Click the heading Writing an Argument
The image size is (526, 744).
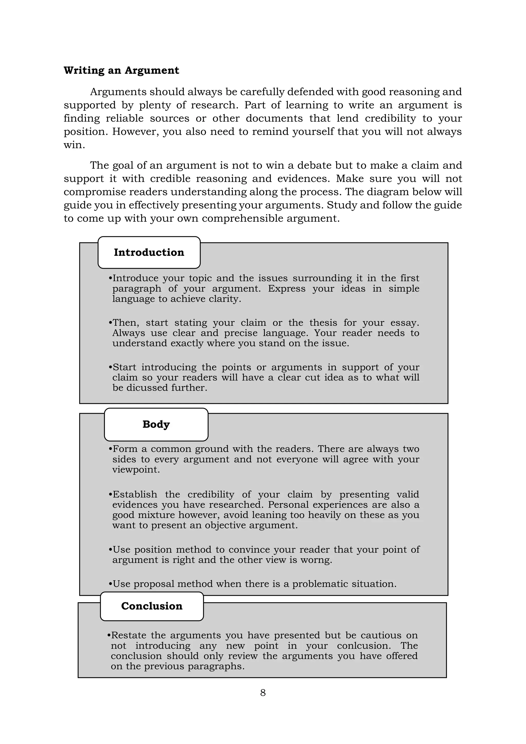click(121, 70)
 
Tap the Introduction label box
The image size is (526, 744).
click(149, 253)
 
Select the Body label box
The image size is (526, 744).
click(156, 424)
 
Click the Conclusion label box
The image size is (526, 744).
click(152, 606)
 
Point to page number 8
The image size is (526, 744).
click(263, 692)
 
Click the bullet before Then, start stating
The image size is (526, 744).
click(110, 323)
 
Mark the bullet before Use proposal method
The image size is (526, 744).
click(110, 584)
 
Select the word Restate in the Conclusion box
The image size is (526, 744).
click(129, 635)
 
